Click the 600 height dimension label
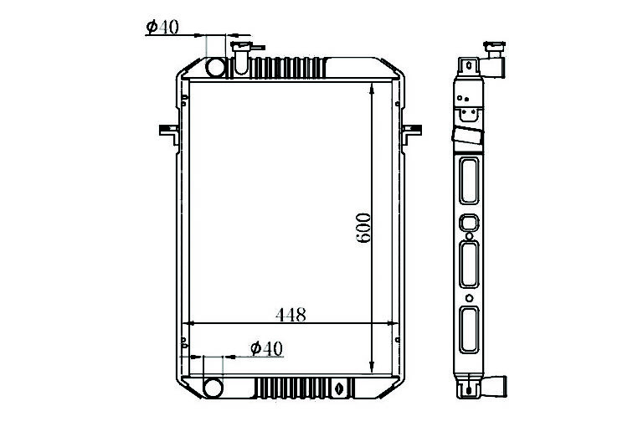pyautogui.click(x=363, y=228)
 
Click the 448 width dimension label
pyautogui.click(x=291, y=315)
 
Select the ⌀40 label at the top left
pyautogui.click(x=162, y=27)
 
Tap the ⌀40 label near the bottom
pyautogui.click(x=266, y=349)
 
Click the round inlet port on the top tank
pyautogui.click(x=216, y=68)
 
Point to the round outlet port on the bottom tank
pyautogui.click(x=213, y=388)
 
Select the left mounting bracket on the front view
pyautogui.click(x=169, y=134)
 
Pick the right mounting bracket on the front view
pyautogui.click(x=412, y=134)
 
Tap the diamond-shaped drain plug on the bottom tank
pyautogui.click(x=339, y=388)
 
